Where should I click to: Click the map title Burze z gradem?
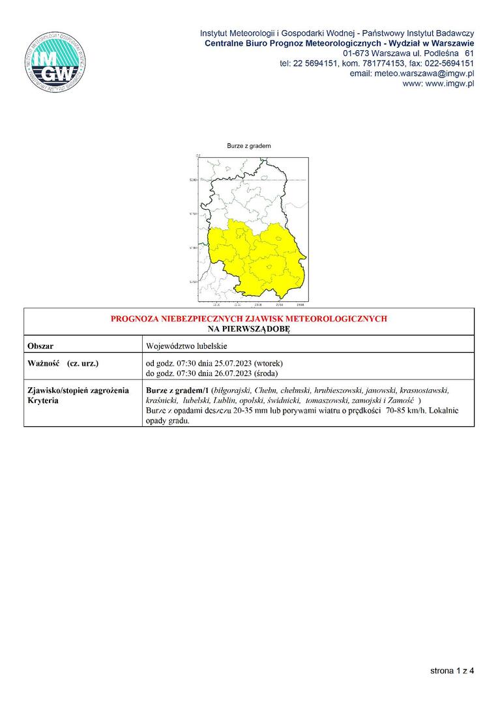tap(248, 146)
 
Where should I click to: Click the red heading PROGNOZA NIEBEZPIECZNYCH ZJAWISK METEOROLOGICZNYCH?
tap(248, 319)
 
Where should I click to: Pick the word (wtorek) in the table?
tap(268, 362)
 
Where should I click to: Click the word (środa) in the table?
tap(267, 373)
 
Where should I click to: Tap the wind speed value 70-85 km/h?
tap(409, 411)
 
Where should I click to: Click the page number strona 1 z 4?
tap(452, 669)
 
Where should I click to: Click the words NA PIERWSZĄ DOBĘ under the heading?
tap(248, 329)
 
